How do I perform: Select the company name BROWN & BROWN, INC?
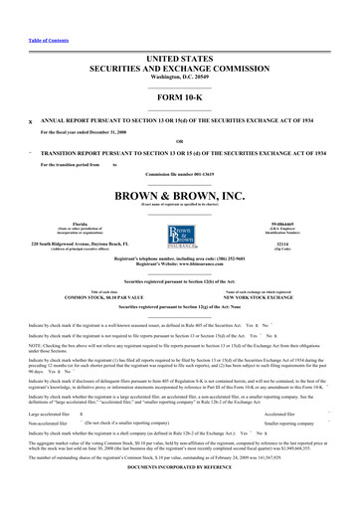(x=180, y=197)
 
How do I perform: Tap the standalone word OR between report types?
(x=180, y=140)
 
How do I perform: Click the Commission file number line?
(x=180, y=174)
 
